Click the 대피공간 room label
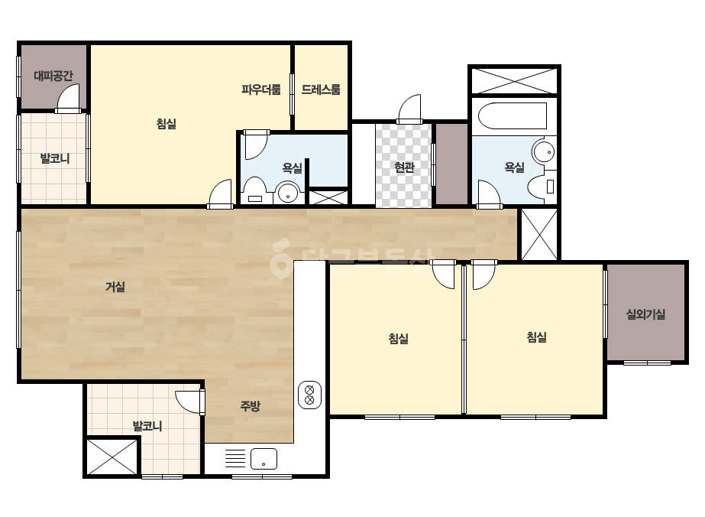click(x=53, y=76)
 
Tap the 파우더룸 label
click(x=261, y=89)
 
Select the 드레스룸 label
click(x=321, y=89)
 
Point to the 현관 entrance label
click(x=404, y=167)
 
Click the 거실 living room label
click(x=115, y=287)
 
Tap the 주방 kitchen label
click(x=250, y=406)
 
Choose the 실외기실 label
click(x=645, y=314)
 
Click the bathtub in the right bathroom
click(x=513, y=115)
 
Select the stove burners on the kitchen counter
click(x=309, y=395)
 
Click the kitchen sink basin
click(x=264, y=459)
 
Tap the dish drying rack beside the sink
click(x=234, y=458)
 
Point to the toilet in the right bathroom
click(x=542, y=187)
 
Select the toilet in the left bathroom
click(x=255, y=191)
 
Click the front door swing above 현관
click(x=409, y=109)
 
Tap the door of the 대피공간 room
click(x=68, y=98)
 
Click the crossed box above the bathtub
click(x=514, y=80)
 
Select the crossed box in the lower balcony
click(x=112, y=457)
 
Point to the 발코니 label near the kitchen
click(x=147, y=425)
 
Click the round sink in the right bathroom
click(x=544, y=151)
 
